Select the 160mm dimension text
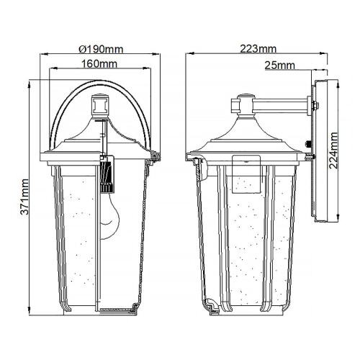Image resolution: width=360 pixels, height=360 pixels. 100,64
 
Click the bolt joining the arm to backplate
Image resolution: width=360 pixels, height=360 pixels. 312,107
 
